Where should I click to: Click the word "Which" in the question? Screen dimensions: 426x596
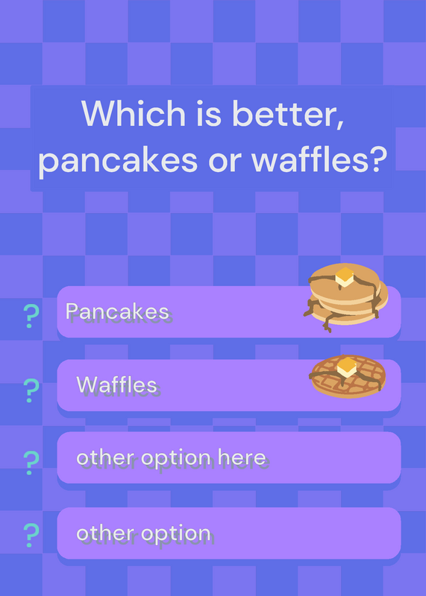click(134, 113)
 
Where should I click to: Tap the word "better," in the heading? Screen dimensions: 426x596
click(288, 114)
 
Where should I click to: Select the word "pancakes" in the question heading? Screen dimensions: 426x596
click(118, 159)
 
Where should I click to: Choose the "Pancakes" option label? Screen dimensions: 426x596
click(117, 311)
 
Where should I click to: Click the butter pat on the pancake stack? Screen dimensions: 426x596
click(345, 276)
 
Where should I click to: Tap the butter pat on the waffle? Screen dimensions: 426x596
click(347, 367)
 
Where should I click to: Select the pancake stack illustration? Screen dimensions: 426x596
click(345, 297)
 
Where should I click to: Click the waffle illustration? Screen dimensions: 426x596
click(348, 376)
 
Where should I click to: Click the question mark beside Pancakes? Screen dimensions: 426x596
click(31, 316)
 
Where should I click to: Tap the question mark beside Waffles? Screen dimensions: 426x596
click(31, 390)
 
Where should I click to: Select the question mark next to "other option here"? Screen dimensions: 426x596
click(31, 463)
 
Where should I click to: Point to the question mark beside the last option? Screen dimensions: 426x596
click(31, 535)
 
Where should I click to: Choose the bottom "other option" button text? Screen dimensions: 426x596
click(143, 533)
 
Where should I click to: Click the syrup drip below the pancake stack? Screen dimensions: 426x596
click(327, 323)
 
